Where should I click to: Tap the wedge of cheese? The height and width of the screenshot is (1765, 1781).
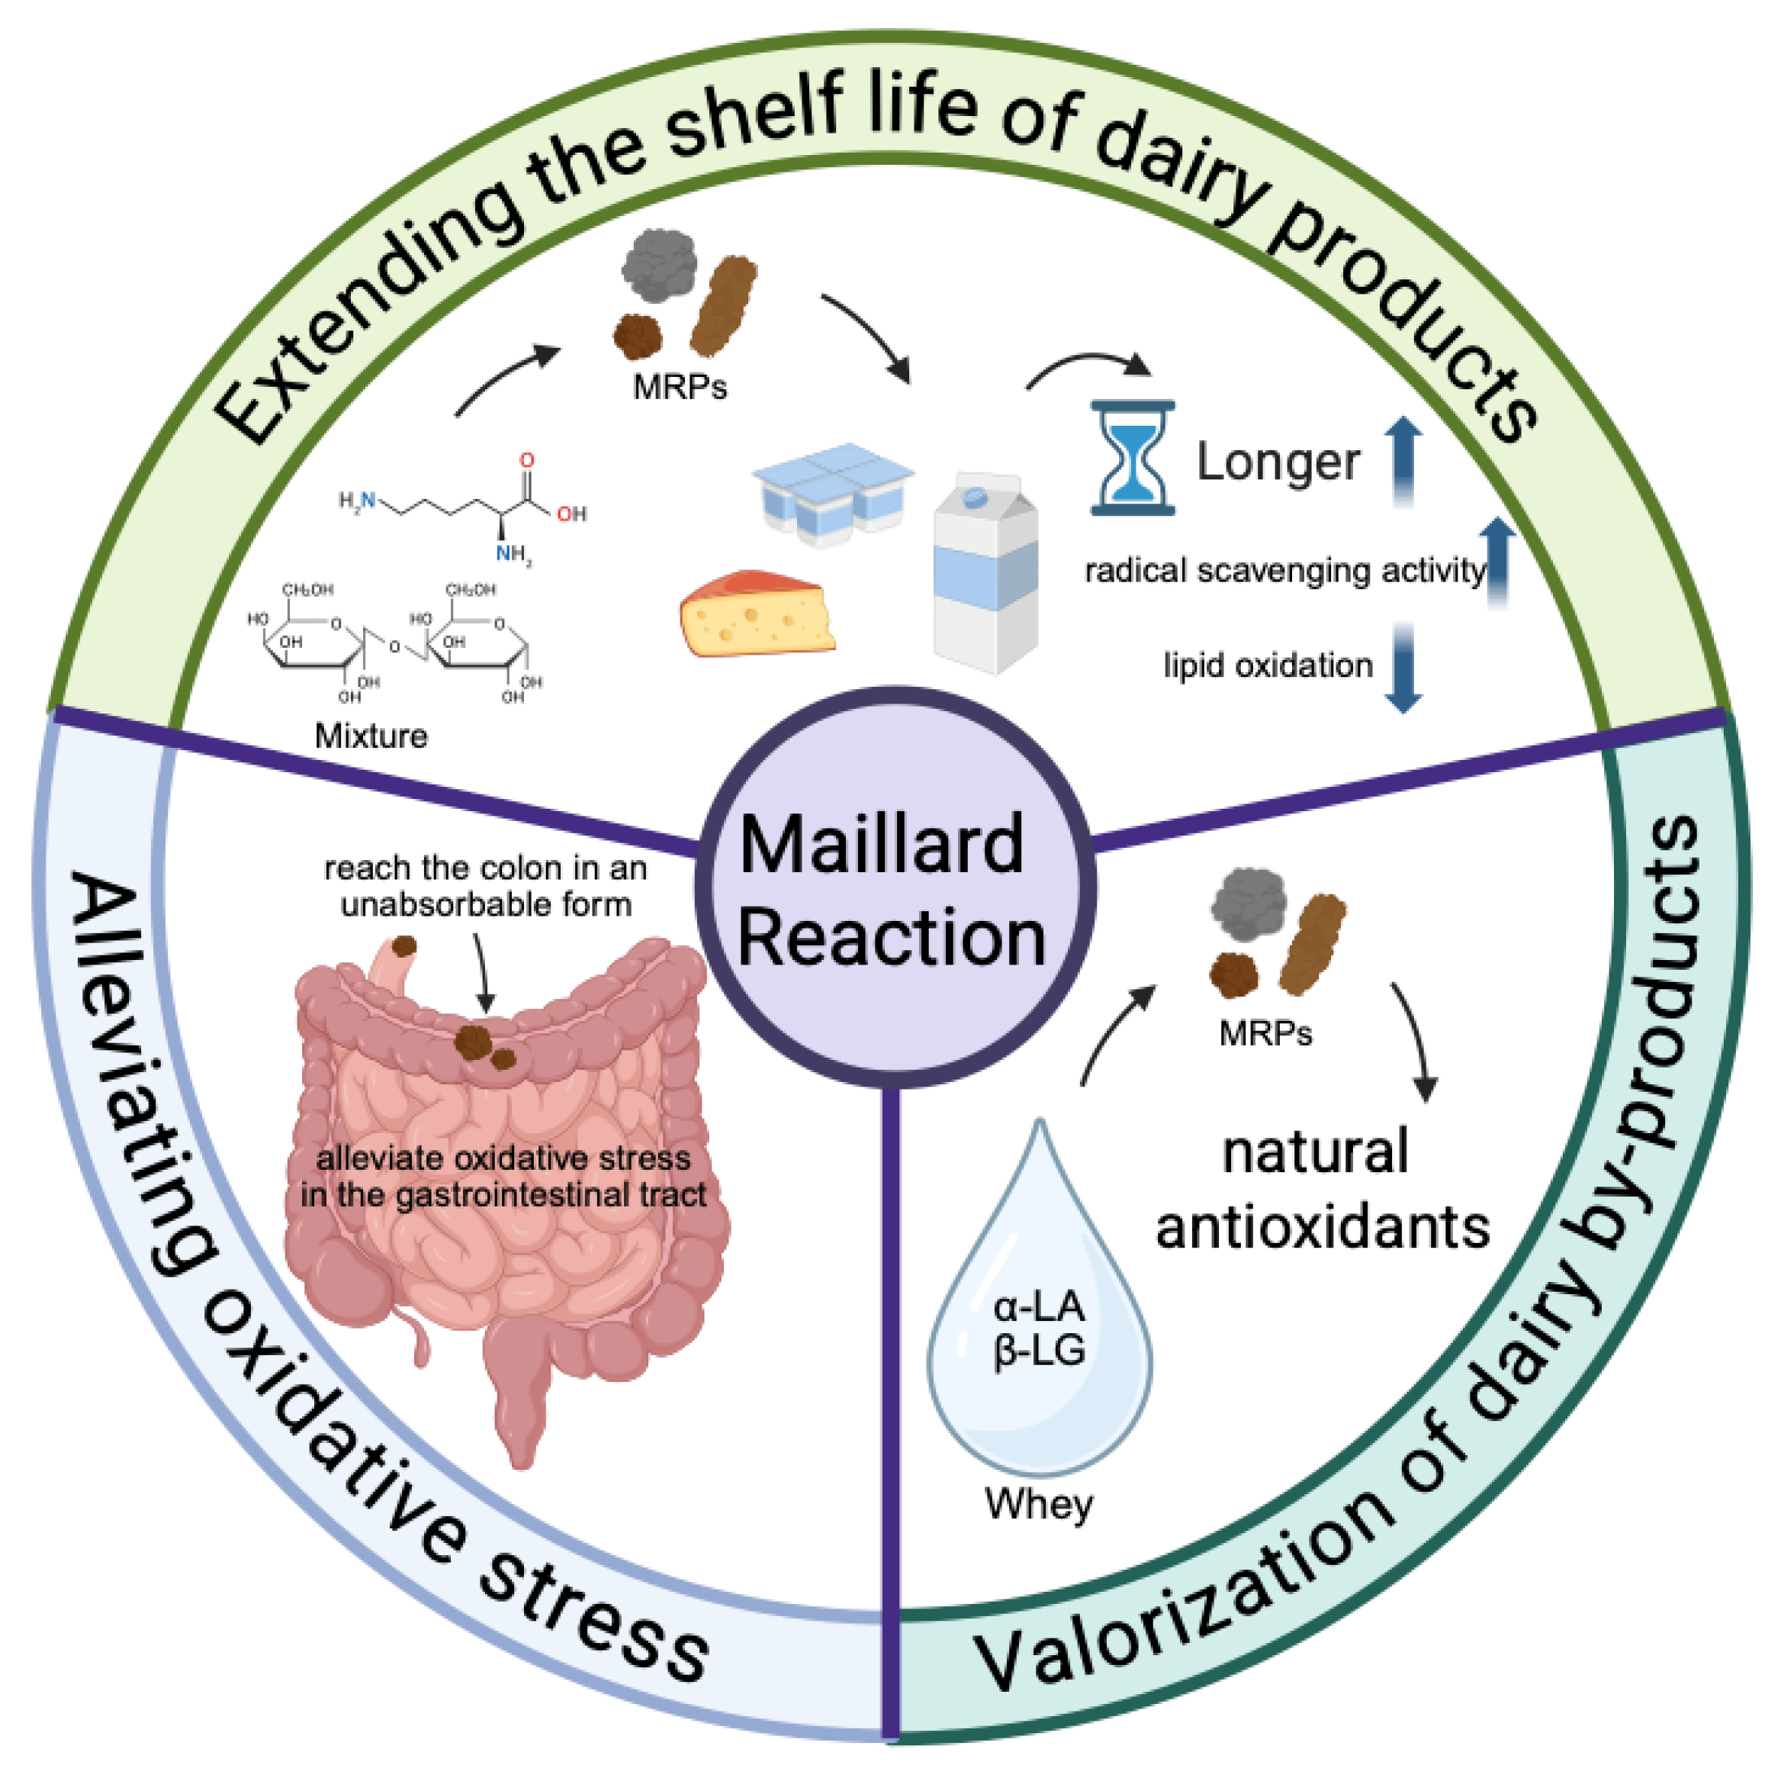tap(756, 614)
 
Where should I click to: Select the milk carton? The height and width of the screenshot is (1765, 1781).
tap(985, 572)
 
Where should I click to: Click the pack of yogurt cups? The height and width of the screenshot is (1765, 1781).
tap(831, 494)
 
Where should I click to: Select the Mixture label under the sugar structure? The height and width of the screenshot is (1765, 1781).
tap(371, 736)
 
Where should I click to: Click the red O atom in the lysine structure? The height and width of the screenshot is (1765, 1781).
tap(526, 459)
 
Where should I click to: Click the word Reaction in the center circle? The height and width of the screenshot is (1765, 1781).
tap(892, 939)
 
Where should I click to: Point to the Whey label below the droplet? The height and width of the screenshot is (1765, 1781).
tap(1039, 1504)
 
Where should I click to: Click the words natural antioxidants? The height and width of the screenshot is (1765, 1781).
tap(1321, 1190)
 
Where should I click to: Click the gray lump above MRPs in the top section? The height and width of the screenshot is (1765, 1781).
tap(658, 266)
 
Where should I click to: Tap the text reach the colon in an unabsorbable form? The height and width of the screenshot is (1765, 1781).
tap(486, 886)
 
